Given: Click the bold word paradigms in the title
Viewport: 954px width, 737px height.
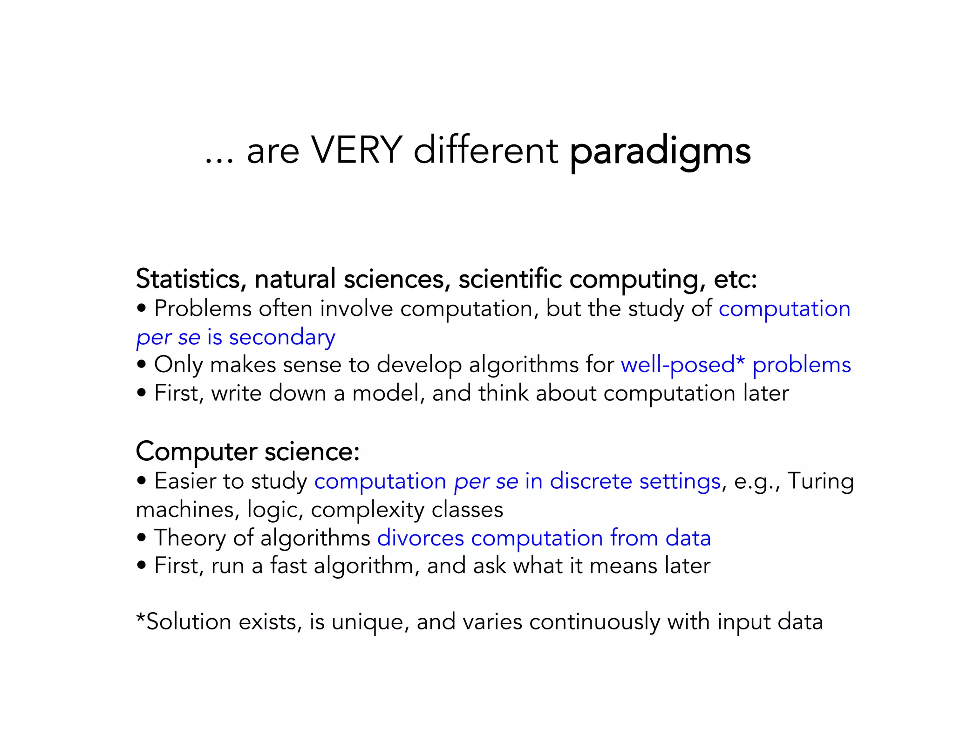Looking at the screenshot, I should [x=660, y=152].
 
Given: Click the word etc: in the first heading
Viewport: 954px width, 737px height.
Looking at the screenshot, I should [x=735, y=279].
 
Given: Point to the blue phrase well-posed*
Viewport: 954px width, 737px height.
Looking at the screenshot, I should [x=682, y=365].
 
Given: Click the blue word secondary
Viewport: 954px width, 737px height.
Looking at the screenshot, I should [x=282, y=337].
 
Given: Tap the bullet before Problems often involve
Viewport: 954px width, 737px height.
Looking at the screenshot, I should [x=142, y=308].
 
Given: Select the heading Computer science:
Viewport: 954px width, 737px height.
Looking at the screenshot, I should [x=247, y=451].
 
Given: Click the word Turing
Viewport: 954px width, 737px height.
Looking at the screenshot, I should [x=820, y=481].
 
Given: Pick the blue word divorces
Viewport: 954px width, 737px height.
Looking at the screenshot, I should [x=420, y=538].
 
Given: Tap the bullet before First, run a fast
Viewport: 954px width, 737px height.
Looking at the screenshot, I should [x=142, y=566].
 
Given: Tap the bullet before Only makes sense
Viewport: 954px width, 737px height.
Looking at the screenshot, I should [x=142, y=364].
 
